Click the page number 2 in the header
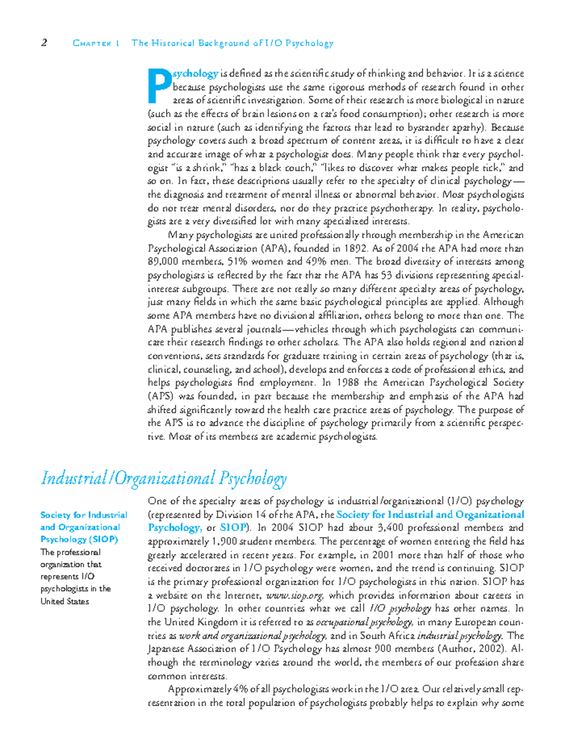pos(44,43)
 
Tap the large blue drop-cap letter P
pos(159,86)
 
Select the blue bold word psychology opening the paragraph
pos(195,73)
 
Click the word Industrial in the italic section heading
pos(74,479)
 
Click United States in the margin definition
pos(65,601)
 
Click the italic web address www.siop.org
pos(295,596)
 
